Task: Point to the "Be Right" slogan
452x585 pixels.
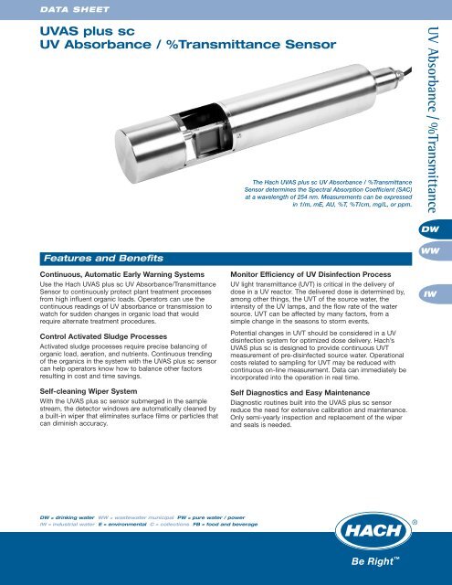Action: click(380, 565)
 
